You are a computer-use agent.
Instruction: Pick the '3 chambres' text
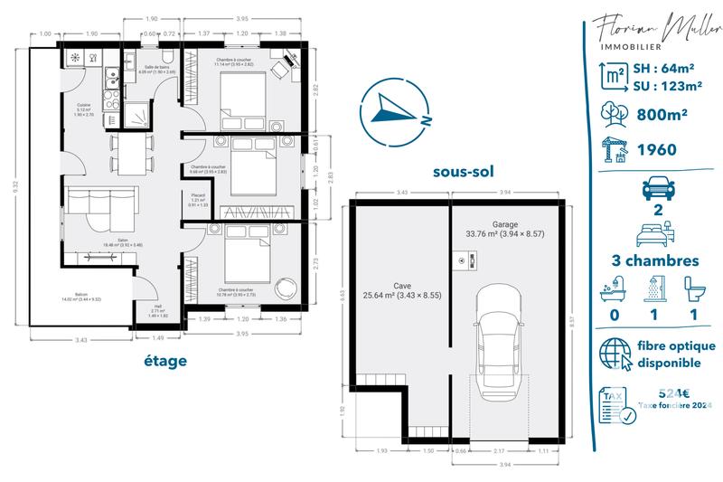(x=655, y=260)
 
